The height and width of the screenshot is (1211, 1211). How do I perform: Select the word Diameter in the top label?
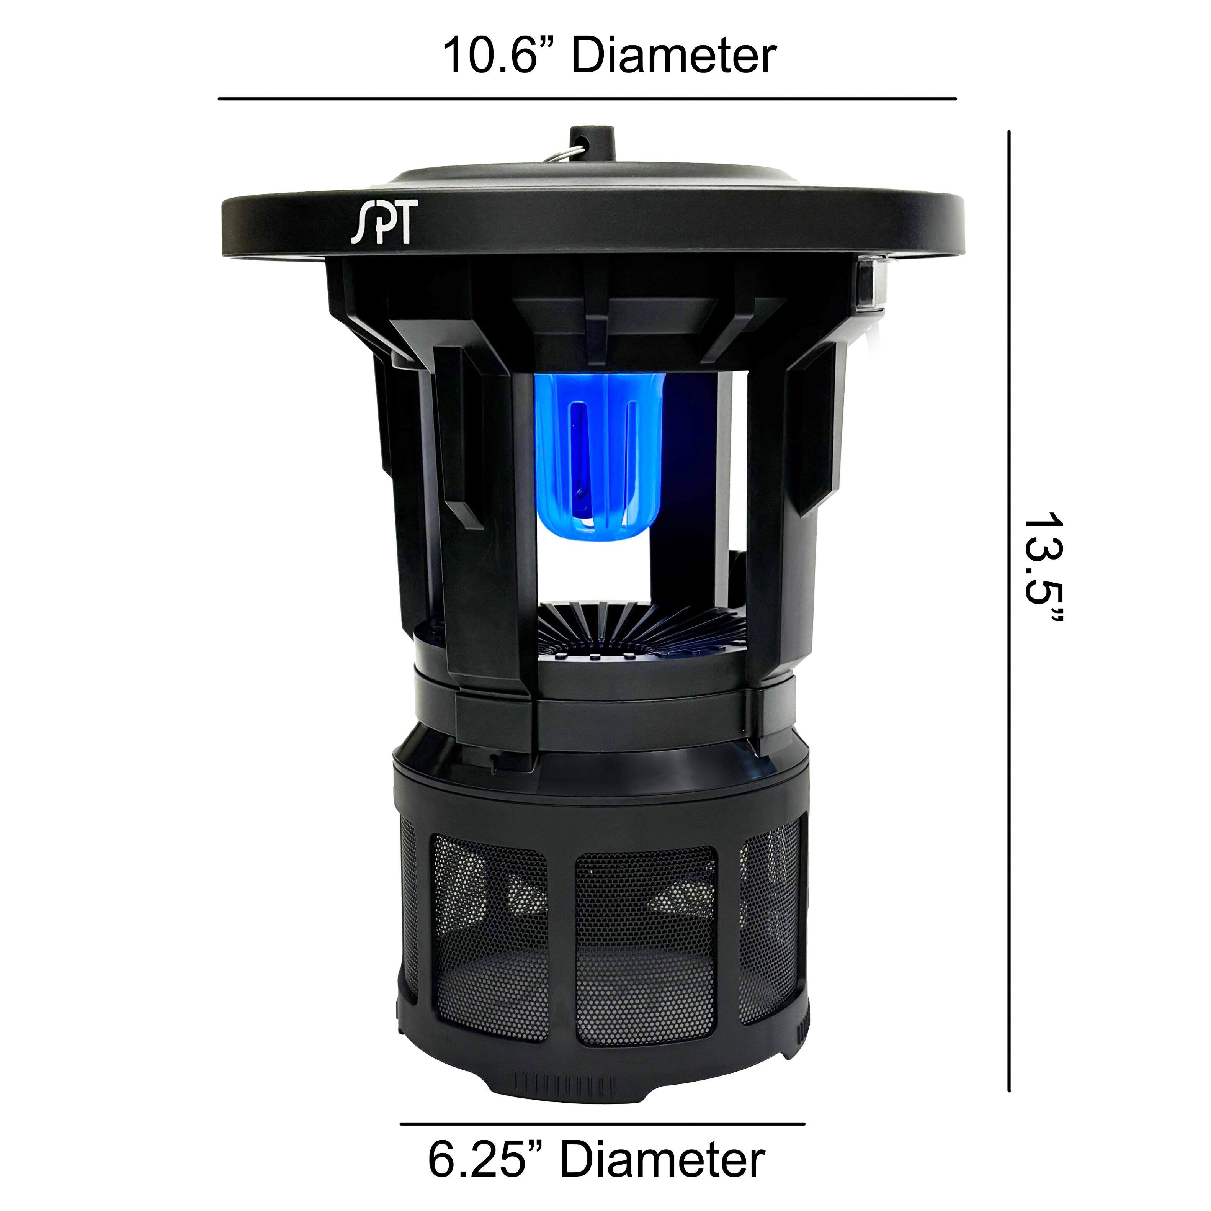(674, 56)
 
